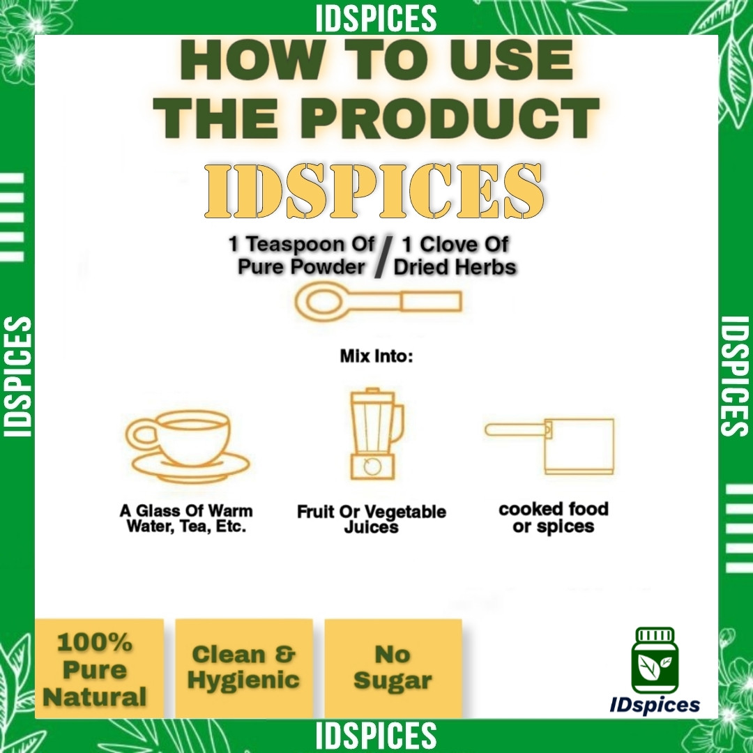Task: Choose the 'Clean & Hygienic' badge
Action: (x=244, y=669)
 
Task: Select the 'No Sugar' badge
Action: (x=393, y=669)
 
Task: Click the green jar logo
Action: (x=655, y=660)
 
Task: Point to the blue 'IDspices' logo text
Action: (x=655, y=705)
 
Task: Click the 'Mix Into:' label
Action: (x=376, y=356)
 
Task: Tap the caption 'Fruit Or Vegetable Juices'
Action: (x=371, y=519)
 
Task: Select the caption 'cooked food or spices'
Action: (x=554, y=517)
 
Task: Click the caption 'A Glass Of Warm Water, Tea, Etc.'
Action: (x=186, y=519)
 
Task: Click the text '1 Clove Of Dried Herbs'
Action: (x=455, y=257)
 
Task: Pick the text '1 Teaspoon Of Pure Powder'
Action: (x=302, y=256)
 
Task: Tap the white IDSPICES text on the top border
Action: (x=376, y=18)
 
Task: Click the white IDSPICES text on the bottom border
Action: (x=376, y=736)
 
